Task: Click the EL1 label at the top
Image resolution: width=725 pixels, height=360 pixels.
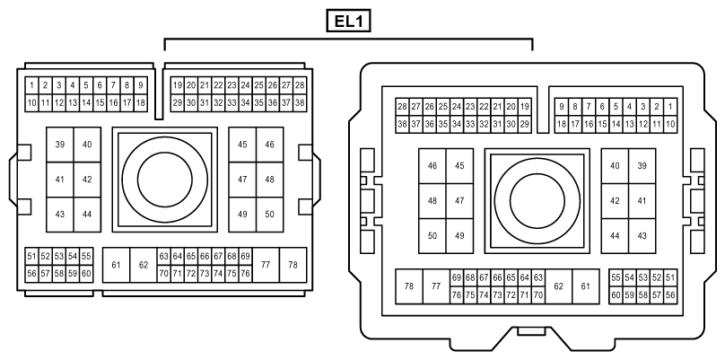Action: [x=349, y=22]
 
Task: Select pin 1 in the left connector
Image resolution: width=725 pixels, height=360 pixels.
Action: [x=31, y=85]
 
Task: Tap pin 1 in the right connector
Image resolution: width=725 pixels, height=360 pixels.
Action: [x=670, y=107]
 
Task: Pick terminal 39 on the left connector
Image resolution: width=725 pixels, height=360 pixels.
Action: [x=59, y=145]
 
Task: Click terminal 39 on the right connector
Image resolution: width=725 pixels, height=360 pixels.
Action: [x=642, y=166]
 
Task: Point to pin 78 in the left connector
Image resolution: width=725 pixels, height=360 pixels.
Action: [x=293, y=265]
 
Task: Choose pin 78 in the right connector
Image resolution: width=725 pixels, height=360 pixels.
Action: [x=409, y=286]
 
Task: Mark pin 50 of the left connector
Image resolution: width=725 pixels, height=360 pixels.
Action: [x=269, y=215]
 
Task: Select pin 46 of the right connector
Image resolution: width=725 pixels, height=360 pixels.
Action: [x=432, y=166]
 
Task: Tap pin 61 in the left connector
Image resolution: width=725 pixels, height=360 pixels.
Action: [x=116, y=265]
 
